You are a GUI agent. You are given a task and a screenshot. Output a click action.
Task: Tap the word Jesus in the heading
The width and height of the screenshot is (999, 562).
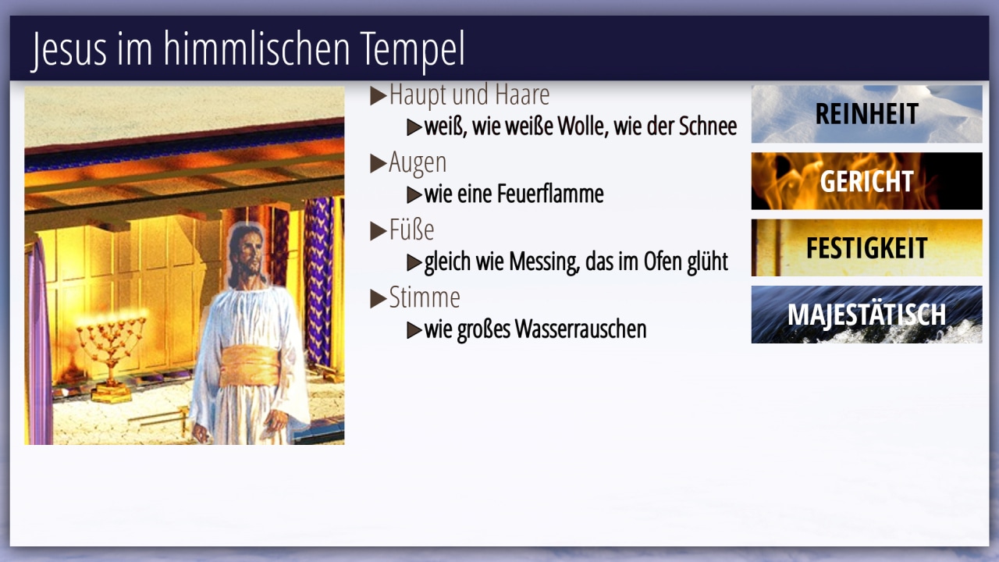(x=69, y=49)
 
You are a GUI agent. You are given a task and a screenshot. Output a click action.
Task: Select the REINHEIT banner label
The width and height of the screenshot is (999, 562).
(x=866, y=114)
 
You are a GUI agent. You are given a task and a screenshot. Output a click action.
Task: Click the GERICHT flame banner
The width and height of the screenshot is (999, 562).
(x=866, y=180)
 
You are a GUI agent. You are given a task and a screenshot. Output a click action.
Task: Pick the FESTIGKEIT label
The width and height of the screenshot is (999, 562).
(x=866, y=247)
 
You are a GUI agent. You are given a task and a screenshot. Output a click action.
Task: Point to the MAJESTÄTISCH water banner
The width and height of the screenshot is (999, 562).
(x=866, y=315)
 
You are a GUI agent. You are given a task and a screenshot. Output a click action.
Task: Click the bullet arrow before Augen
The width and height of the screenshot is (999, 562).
(x=379, y=163)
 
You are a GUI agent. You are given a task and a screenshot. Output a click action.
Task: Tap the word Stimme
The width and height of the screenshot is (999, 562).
(x=425, y=297)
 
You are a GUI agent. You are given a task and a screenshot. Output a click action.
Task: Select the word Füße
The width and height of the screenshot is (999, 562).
(x=411, y=229)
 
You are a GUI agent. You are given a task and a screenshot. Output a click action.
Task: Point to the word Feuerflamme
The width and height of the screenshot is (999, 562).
(x=550, y=194)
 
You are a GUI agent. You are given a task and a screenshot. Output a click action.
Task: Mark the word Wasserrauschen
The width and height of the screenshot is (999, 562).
(x=580, y=329)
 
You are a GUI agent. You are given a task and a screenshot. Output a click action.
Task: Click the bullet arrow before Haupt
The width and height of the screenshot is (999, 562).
(x=379, y=96)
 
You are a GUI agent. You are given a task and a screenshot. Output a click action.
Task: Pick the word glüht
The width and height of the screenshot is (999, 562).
(x=707, y=261)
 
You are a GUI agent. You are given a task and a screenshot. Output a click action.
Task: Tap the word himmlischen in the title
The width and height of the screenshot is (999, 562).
(x=257, y=49)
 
